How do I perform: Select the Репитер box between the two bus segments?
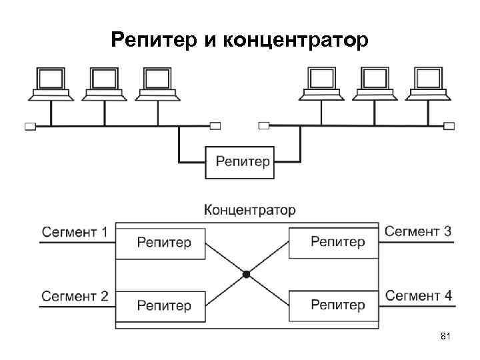[x=242, y=162]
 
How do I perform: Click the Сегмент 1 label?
[x=75, y=232]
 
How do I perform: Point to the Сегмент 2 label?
[x=75, y=295]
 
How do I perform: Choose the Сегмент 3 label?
[x=418, y=231]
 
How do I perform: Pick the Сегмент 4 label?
[x=418, y=295]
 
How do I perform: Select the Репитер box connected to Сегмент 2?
[x=161, y=305]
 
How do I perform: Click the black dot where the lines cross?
[x=246, y=274]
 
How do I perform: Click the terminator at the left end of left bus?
[x=29, y=125]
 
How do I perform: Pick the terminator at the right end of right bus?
[x=450, y=125]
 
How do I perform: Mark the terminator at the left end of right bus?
[x=264, y=125]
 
